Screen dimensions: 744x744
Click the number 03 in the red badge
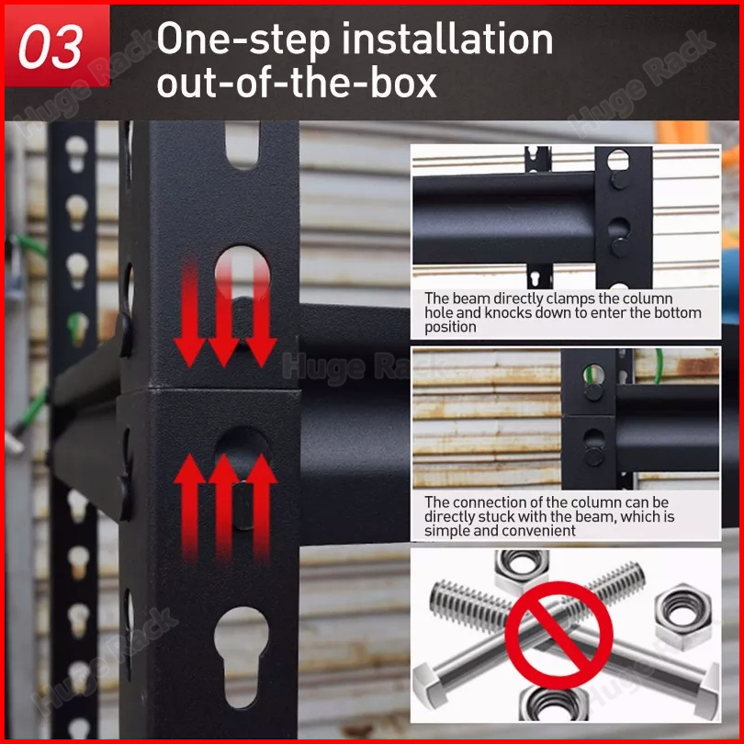pyautogui.click(x=51, y=47)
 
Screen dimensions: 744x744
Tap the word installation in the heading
pyautogui.click(x=447, y=39)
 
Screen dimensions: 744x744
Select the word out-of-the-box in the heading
pyautogui.click(x=297, y=82)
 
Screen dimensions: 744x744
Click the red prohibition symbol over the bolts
pyautogui.click(x=559, y=635)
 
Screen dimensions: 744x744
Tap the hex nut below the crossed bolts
pyautogui.click(x=554, y=705)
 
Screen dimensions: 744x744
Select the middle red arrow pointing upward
pyautogui.click(x=224, y=507)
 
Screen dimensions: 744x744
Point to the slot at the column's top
pyautogui.click(x=242, y=145)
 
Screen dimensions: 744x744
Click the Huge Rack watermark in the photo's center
pyautogui.click(x=364, y=367)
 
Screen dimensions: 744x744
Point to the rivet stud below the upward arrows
pyautogui.click(x=242, y=505)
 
